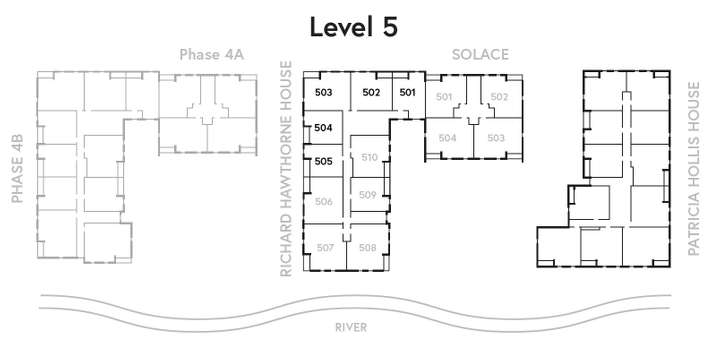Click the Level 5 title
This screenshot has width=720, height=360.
[x=354, y=27]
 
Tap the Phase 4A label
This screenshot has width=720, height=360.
[x=211, y=55]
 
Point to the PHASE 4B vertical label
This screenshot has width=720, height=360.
[x=17, y=169]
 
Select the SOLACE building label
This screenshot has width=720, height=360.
[x=480, y=55]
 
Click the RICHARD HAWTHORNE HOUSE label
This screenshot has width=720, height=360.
[x=286, y=169]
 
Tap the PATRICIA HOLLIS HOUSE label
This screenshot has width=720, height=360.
[x=694, y=169]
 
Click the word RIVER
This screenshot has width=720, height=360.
[x=351, y=327]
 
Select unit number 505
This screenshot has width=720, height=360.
[x=323, y=162]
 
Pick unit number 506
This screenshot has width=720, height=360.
[x=324, y=202]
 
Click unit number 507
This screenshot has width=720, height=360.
[x=325, y=248]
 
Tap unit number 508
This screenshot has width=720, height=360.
[x=367, y=248]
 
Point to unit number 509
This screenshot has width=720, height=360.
[x=367, y=195]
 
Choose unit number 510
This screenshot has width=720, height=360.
[x=369, y=158]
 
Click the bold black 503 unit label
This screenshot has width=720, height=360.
[x=323, y=92]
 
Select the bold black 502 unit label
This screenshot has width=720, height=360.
[x=371, y=92]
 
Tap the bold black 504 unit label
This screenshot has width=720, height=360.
[x=323, y=128]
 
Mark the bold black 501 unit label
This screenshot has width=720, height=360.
[x=407, y=92]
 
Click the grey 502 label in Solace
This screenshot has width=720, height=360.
[x=499, y=97]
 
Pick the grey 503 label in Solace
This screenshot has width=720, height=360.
[x=496, y=138]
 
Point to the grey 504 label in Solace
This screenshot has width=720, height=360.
[x=447, y=138]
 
